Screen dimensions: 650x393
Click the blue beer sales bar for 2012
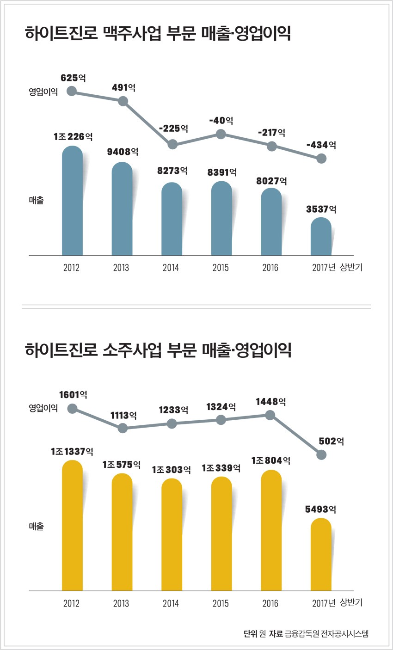click(72, 201)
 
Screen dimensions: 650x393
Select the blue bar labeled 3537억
click(321, 236)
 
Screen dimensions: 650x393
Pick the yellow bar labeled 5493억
click(321, 554)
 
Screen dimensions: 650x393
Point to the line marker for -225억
click(172, 144)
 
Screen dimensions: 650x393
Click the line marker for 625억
click(72, 91)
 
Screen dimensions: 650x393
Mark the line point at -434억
click(321, 159)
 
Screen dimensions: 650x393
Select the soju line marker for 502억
click(321, 455)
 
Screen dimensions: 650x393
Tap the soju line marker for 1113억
click(123, 428)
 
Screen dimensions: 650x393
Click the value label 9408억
click(123, 152)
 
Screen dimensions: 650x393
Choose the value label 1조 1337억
click(72, 451)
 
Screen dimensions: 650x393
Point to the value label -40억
click(221, 121)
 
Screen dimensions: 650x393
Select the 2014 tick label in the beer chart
click(171, 268)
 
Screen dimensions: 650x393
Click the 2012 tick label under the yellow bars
click(71, 603)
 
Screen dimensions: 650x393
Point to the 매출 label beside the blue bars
click(37, 201)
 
